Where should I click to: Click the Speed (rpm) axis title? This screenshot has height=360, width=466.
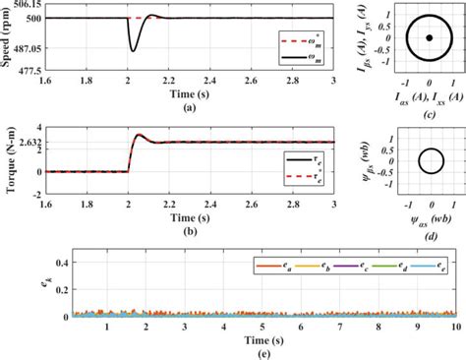click(7, 38)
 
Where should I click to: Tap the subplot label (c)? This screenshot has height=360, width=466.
click(430, 110)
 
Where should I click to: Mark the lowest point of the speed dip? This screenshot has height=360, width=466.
click(133, 49)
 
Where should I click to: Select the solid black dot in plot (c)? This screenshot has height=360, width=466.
click(430, 38)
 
